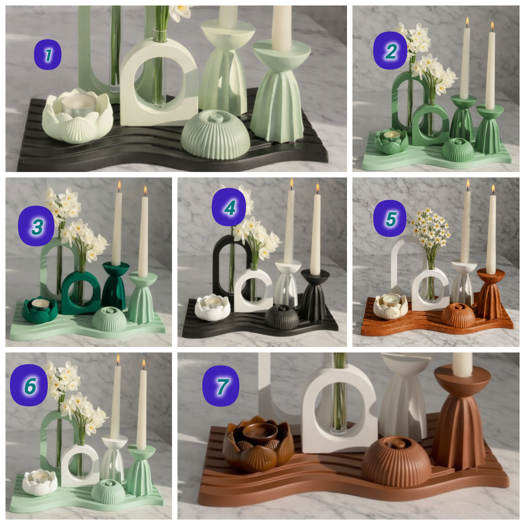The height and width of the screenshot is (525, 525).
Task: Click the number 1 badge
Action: point(48,55)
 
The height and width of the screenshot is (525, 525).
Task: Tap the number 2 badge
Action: point(390,51)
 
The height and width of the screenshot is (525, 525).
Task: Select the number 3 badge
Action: point(36,226)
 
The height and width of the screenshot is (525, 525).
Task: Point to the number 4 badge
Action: point(229,207)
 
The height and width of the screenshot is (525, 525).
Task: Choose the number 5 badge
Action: point(390,218)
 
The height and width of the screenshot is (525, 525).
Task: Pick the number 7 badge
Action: point(221,386)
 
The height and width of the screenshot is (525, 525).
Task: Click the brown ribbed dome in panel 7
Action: point(396,461)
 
